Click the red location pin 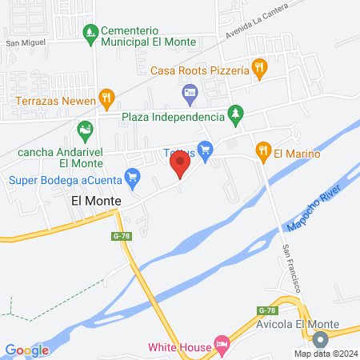tap(180, 165)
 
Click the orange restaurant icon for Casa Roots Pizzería tap(258, 69)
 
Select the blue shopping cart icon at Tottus tap(206, 149)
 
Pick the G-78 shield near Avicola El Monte tap(266, 310)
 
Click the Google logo tap(26, 350)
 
